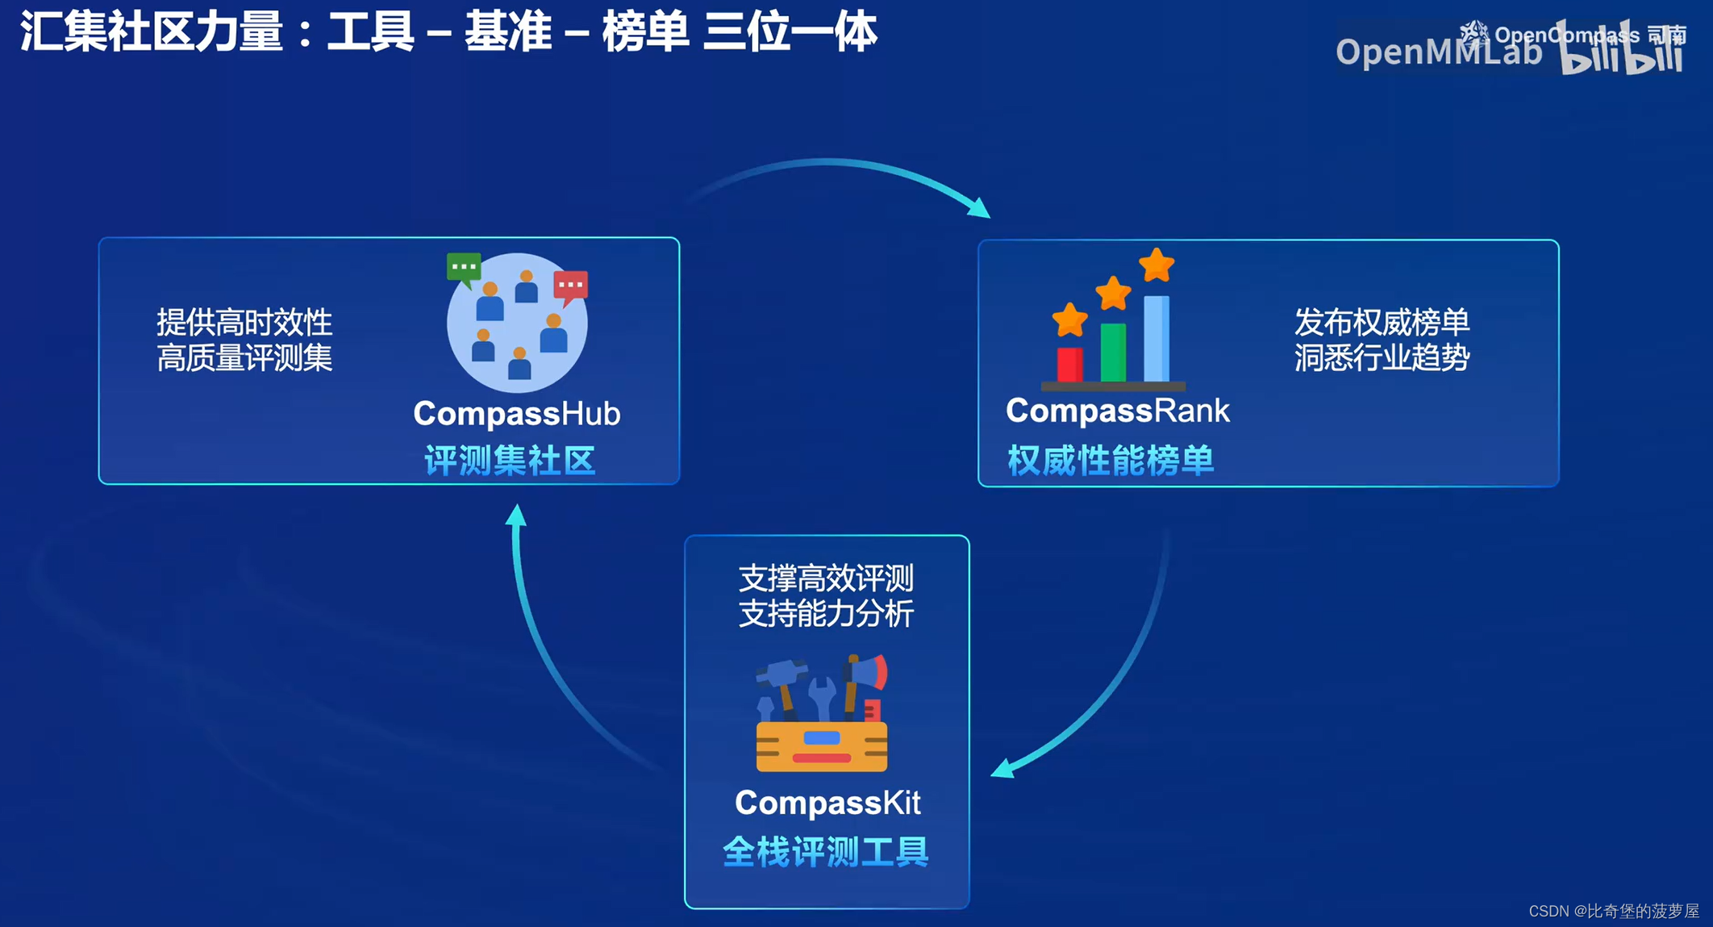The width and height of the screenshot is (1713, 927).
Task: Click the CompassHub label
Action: (x=516, y=414)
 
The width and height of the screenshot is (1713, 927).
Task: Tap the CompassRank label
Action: (x=1117, y=411)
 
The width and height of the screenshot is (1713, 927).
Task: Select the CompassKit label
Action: (x=827, y=803)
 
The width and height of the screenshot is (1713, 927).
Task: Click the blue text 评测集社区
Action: (x=510, y=461)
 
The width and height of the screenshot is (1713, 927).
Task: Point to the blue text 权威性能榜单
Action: (x=1111, y=461)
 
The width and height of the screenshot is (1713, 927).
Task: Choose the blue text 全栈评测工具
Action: (x=826, y=852)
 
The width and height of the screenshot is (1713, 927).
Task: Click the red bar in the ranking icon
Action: (x=1069, y=364)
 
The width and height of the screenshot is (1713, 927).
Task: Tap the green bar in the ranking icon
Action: (x=1113, y=352)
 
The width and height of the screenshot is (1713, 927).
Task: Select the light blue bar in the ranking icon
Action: (x=1157, y=338)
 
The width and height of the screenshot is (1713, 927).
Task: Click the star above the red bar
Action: (x=1069, y=320)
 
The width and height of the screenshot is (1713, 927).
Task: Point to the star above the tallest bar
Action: (x=1157, y=265)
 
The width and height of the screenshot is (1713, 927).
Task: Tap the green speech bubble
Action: (x=464, y=267)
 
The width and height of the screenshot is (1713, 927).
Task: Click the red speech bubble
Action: (x=570, y=286)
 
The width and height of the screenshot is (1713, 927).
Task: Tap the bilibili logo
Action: (x=1621, y=50)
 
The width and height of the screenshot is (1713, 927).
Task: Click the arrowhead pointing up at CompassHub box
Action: (x=516, y=515)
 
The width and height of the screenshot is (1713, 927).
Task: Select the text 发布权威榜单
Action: (x=1382, y=323)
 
